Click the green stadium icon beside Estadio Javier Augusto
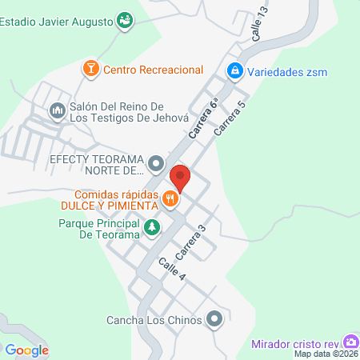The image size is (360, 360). click(124, 21)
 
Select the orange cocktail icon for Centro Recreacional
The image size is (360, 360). click(91, 70)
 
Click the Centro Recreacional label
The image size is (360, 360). click(153, 70)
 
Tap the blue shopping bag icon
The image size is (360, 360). click(234, 71)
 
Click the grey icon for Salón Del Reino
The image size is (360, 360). click(57, 110)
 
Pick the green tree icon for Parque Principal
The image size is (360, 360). click(150, 230)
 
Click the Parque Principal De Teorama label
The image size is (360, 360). click(100, 230)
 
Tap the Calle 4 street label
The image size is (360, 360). click(171, 270)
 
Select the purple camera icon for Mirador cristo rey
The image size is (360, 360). click(350, 342)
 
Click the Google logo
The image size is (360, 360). click(27, 350)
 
